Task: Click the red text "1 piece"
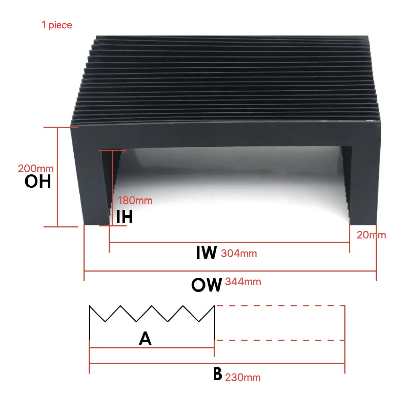tap(57, 25)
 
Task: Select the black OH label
tap(38, 182)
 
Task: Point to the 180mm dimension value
tap(135, 201)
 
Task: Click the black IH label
tap(124, 217)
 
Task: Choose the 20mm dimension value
tap(371, 235)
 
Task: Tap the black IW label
tap(206, 253)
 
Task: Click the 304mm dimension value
tap(239, 253)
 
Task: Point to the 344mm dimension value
tap(243, 282)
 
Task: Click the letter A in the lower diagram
tap(145, 339)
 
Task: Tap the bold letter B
tap(217, 374)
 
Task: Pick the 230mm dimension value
tap(243, 377)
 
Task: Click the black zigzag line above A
tap(152, 313)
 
